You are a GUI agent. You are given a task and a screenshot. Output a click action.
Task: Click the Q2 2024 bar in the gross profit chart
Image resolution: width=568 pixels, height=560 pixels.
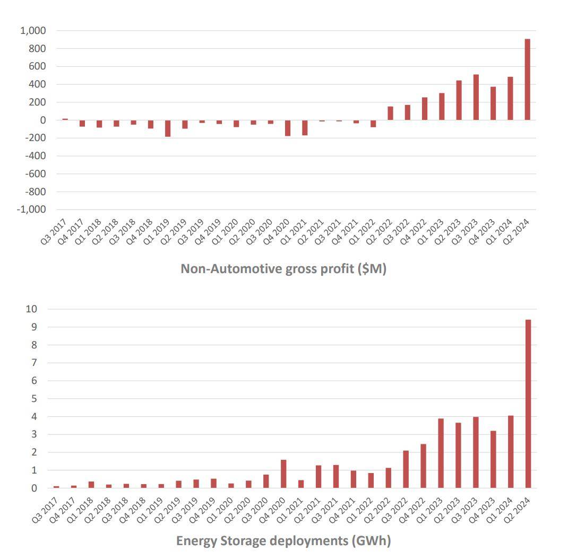click(527, 80)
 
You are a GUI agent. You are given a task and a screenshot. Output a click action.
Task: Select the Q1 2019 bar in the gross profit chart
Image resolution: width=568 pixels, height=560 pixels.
click(168, 128)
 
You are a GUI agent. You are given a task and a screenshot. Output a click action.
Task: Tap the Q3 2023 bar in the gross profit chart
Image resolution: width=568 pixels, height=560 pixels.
click(476, 97)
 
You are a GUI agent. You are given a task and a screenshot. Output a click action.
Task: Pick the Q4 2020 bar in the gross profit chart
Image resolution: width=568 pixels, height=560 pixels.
click(288, 128)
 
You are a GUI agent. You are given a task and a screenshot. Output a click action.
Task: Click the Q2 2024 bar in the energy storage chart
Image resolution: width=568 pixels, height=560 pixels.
click(528, 404)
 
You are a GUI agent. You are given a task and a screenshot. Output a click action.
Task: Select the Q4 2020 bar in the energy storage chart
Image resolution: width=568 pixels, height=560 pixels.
click(283, 474)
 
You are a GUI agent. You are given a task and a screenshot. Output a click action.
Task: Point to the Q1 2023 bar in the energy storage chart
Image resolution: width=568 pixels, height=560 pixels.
click(441, 453)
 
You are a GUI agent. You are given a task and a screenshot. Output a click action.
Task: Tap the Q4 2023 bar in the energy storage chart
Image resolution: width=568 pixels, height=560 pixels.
click(493, 459)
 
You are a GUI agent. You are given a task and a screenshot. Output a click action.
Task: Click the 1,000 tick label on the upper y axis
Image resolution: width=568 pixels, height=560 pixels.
click(33, 31)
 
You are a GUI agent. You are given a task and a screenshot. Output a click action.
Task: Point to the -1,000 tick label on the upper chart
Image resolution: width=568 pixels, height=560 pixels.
click(31, 209)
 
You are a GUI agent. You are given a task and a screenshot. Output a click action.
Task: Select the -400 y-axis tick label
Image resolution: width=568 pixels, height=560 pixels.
click(35, 156)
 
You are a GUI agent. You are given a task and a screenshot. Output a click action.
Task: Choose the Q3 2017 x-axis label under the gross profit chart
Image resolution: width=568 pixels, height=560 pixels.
click(54, 232)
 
